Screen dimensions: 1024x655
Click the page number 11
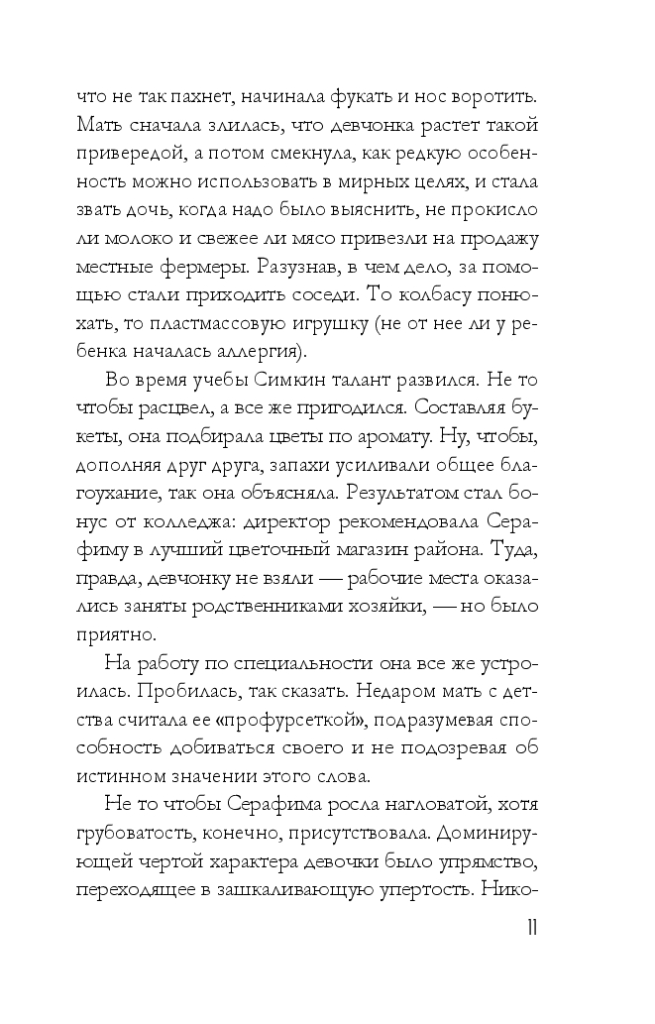[x=532, y=928]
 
